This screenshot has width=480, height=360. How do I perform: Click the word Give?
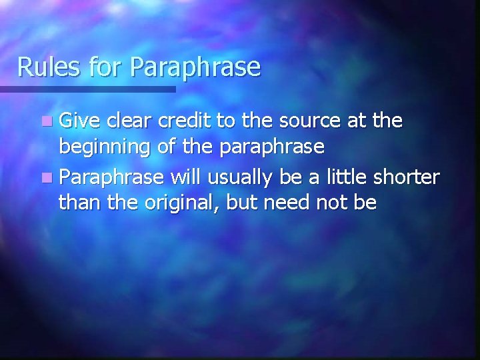(x=79, y=122)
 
